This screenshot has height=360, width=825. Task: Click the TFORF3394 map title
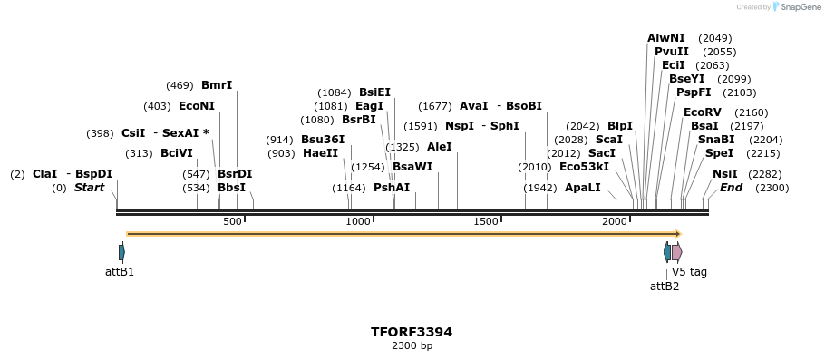tap(411, 332)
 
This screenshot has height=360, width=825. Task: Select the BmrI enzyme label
tap(217, 85)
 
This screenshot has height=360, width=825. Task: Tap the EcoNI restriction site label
tap(197, 106)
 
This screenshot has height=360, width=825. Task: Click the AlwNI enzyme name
tap(666, 38)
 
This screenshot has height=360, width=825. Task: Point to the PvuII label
tap(672, 52)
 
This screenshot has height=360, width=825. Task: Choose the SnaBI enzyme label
tap(716, 140)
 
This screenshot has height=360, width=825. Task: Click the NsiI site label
tap(725, 174)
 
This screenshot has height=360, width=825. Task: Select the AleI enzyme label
tap(439, 147)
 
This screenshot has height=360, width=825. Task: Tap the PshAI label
tap(392, 188)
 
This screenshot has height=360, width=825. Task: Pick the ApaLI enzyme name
tap(582, 188)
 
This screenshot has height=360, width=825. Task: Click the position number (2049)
tap(715, 38)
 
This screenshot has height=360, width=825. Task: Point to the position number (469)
tap(180, 85)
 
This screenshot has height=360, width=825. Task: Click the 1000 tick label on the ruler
tap(359, 221)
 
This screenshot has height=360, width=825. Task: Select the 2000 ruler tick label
tap(615, 221)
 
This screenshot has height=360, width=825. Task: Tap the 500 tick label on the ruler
tap(232, 221)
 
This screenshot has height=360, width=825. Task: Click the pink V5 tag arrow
tap(676, 252)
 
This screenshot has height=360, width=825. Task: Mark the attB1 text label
tap(120, 271)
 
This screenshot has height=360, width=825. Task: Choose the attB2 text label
tap(665, 287)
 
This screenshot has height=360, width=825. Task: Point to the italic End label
tap(731, 188)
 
